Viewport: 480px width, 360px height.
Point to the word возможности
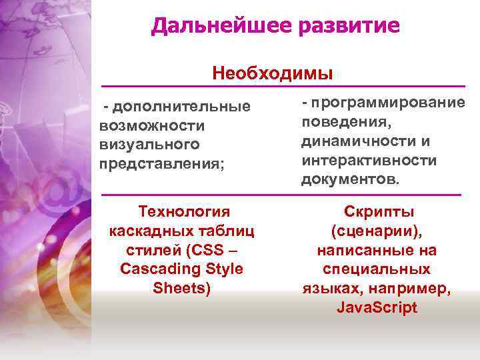coord(151,125)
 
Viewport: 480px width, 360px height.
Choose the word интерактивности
coord(369,161)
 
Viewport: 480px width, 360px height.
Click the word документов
coord(349,180)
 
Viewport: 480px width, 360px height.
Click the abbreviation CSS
coord(209,250)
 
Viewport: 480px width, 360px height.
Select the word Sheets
coord(181,288)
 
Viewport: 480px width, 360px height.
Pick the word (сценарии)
coord(376,231)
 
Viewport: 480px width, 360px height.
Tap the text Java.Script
coord(377,307)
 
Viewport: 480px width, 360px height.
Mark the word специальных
coord(377,269)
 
